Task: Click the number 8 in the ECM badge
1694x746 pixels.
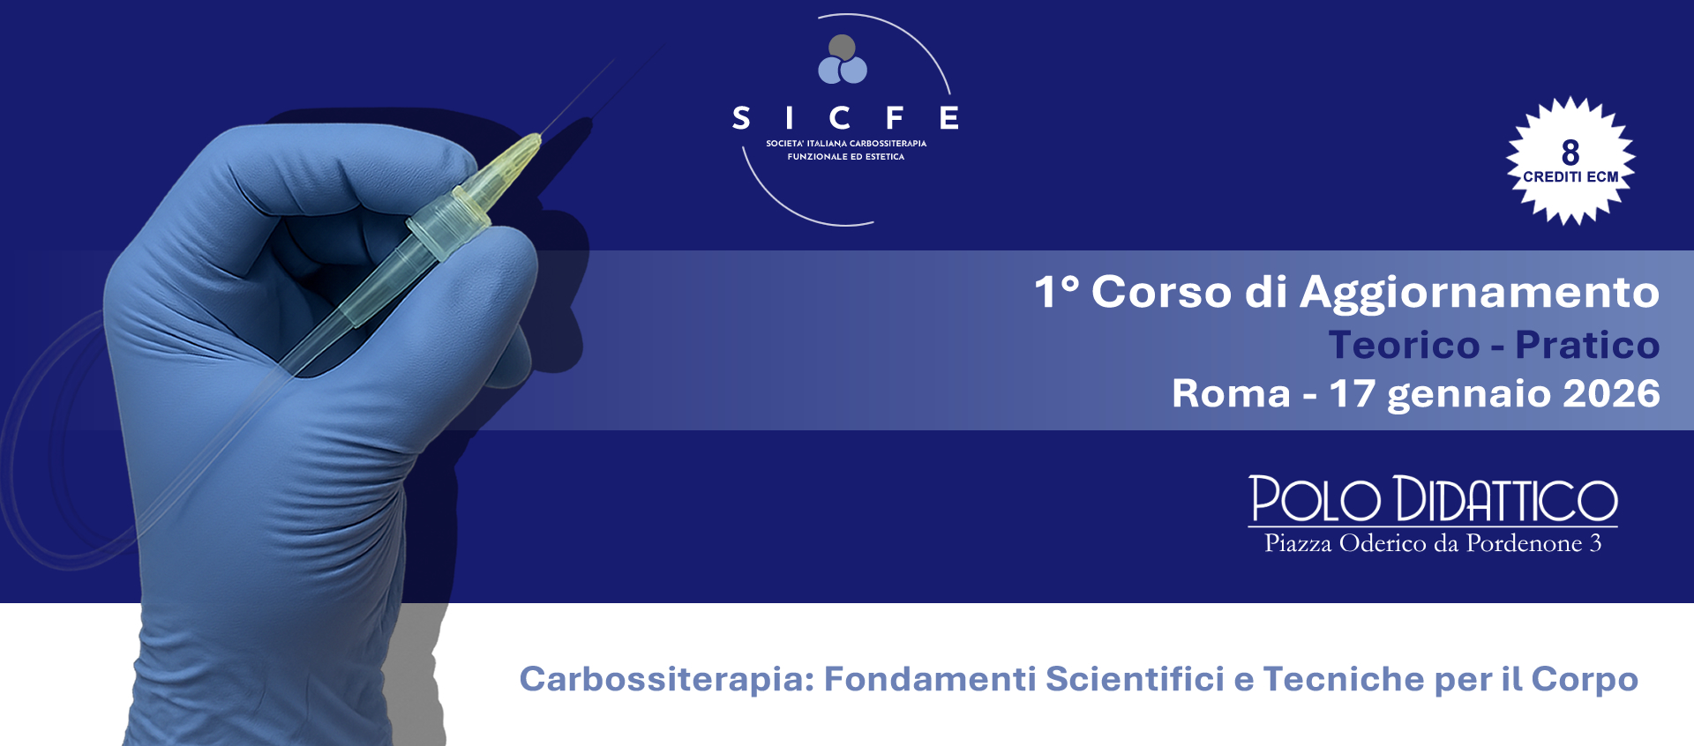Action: click(x=1570, y=153)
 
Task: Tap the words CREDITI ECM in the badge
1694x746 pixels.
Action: click(x=1570, y=177)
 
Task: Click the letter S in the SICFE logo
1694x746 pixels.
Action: click(x=741, y=118)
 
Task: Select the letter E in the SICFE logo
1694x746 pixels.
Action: click(x=949, y=118)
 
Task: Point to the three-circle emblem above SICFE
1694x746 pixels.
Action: click(x=843, y=60)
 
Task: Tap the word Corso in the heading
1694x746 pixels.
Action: click(x=1161, y=292)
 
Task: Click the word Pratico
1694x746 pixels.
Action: click(x=1587, y=345)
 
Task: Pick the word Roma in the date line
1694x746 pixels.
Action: click(x=1231, y=393)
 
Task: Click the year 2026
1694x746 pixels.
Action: click(x=1611, y=393)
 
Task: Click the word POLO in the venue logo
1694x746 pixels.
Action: click(x=1315, y=499)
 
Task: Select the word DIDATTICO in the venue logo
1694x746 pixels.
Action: click(x=1505, y=499)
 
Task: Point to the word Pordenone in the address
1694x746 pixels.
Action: click(x=1524, y=543)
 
